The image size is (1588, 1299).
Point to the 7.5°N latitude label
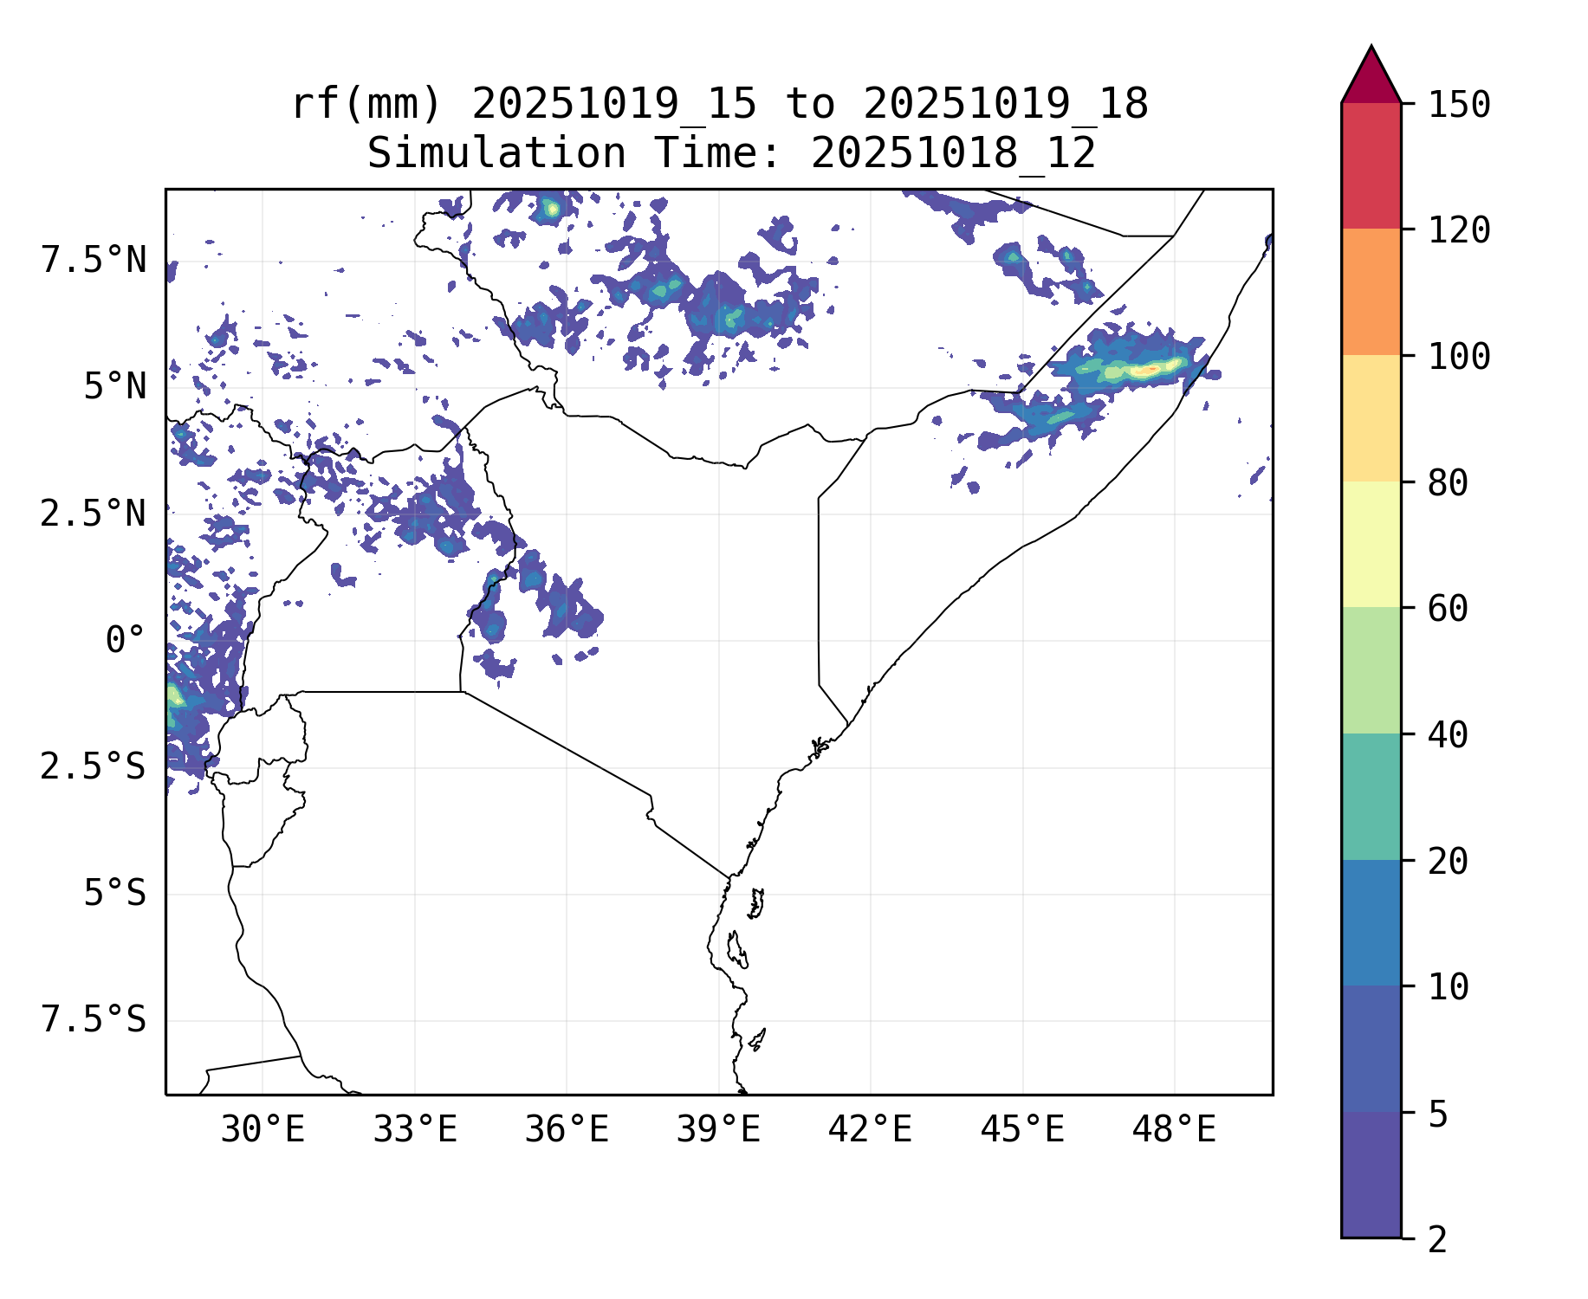point(94,260)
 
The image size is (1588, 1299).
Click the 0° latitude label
point(125,641)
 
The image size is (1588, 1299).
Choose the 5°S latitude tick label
point(114,894)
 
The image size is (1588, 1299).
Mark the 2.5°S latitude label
point(93,767)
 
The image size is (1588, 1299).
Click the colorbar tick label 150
point(1459,105)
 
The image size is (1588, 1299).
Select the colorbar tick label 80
point(1448,482)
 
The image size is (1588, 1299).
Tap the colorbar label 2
point(1437,1240)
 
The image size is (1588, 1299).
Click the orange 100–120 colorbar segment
point(1371,292)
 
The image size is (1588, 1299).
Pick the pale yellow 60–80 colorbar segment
point(1371,544)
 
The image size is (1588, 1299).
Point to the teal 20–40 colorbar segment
point(1371,797)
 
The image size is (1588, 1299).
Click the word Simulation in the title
point(496,154)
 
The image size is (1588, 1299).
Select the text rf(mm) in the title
point(366,105)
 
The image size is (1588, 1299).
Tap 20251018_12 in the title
point(953,154)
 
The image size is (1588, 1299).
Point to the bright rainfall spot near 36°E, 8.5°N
point(552,209)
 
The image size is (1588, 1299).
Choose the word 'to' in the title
point(810,105)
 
